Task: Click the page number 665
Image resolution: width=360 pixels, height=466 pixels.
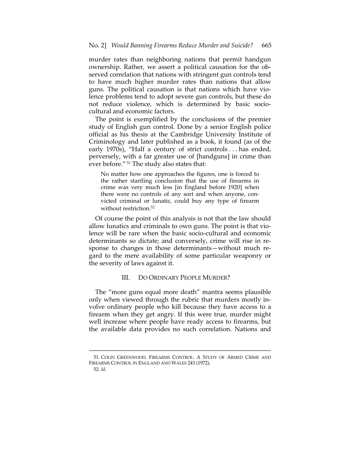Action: click(266, 45)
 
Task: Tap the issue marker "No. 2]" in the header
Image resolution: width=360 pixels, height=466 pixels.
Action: click(97, 45)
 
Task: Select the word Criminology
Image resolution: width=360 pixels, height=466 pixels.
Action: click(108, 141)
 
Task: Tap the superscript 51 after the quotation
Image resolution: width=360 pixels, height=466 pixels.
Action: click(129, 163)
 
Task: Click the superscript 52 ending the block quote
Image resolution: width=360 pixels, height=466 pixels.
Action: click(153, 207)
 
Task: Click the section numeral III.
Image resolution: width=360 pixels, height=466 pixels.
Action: click(125, 277)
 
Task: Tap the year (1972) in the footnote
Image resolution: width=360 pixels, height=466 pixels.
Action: click(203, 363)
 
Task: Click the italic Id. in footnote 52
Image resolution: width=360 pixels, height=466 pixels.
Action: click(103, 369)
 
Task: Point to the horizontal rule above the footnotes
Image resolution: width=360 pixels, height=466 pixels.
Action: click(180, 351)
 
